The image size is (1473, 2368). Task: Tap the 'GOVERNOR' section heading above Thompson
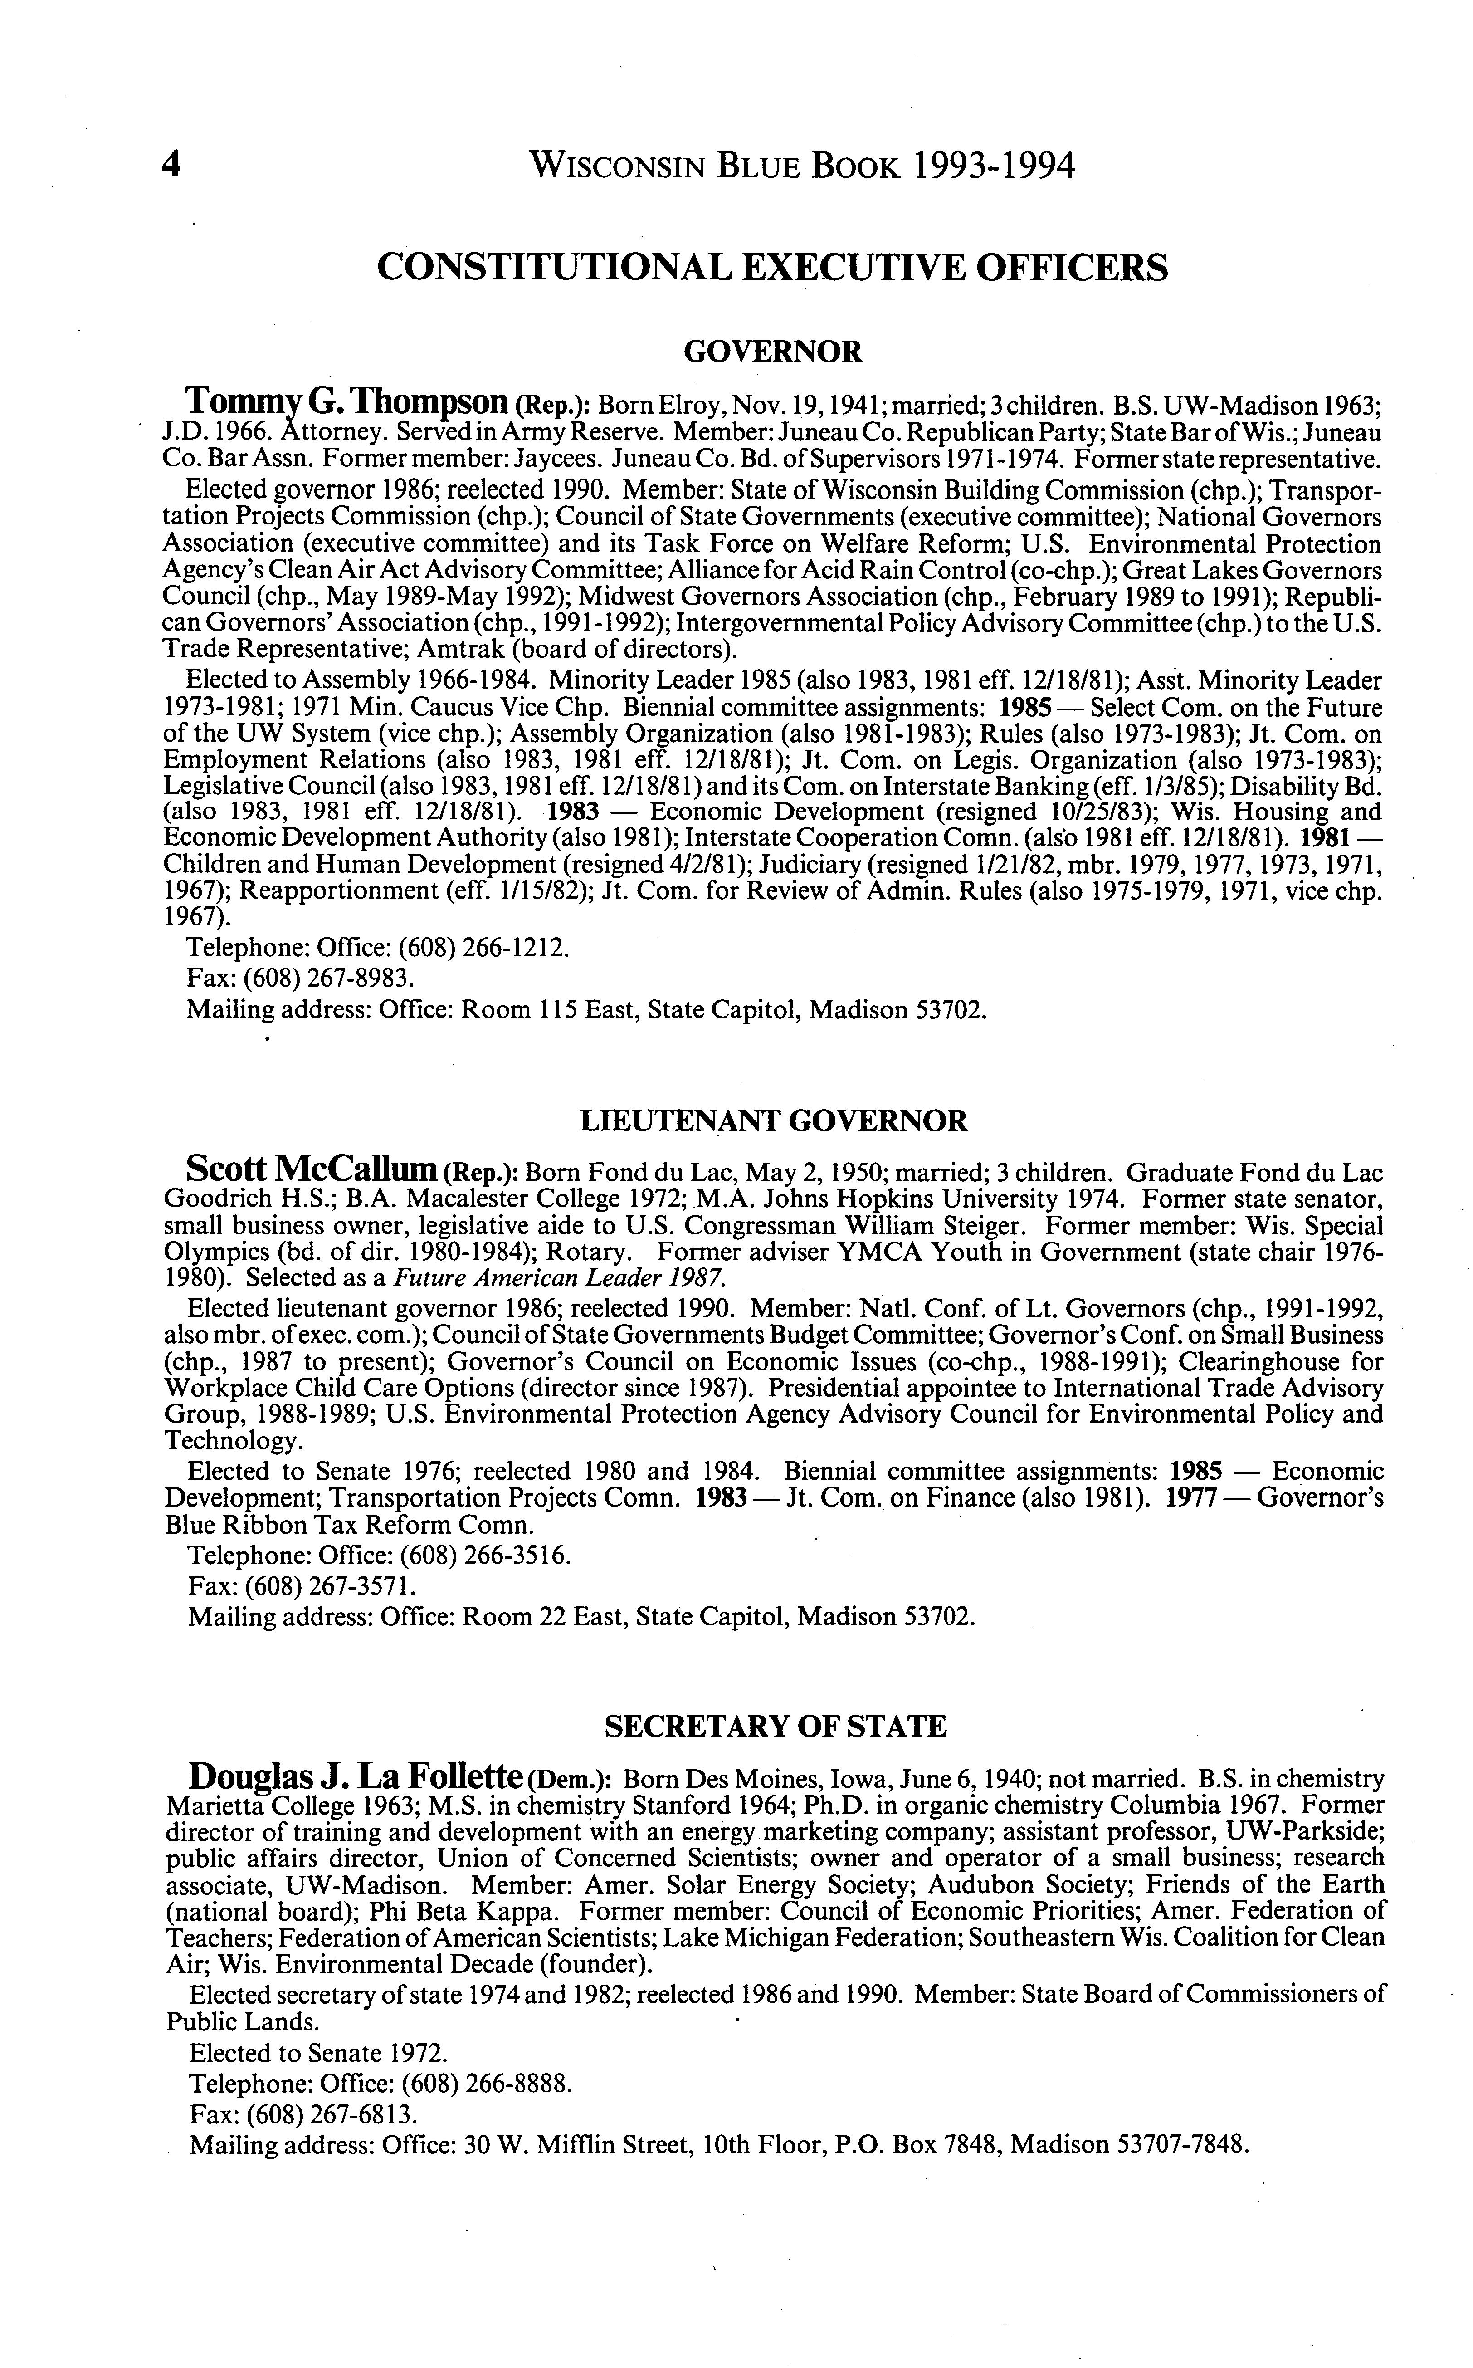[772, 352]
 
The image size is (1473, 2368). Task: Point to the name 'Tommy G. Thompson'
[347, 401]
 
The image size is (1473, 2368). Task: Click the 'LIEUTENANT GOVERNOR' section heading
[774, 1122]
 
